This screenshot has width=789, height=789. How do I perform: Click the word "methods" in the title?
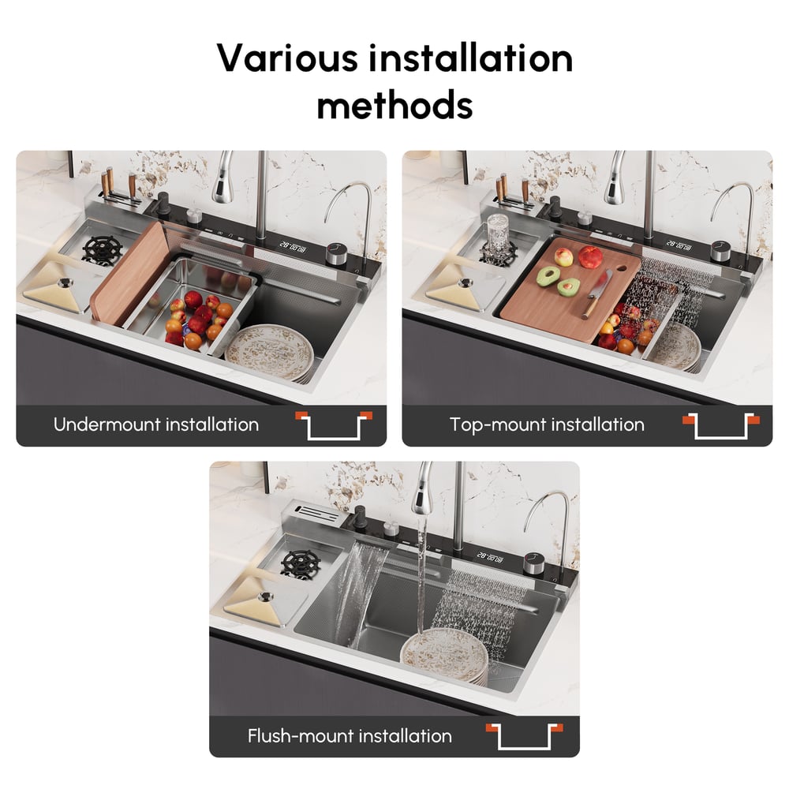[394, 104]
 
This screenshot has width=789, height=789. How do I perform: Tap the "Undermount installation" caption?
[156, 424]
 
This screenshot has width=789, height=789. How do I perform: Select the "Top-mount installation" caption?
[547, 424]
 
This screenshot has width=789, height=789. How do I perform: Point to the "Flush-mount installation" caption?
[350, 736]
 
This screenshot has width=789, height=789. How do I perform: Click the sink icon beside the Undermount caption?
[333, 425]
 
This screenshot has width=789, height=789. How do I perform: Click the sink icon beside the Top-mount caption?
[720, 425]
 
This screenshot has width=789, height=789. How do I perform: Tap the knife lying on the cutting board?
[597, 294]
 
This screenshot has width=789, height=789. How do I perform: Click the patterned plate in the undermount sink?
[269, 352]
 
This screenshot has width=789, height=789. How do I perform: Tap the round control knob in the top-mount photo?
[720, 251]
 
